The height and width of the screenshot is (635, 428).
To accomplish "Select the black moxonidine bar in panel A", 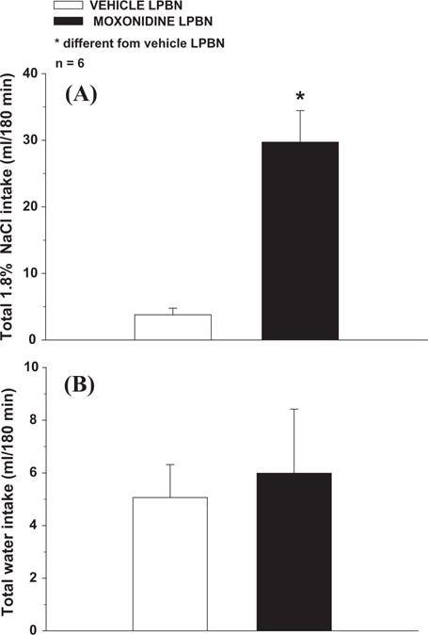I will (x=299, y=240).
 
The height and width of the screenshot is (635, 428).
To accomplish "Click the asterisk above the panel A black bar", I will (x=300, y=98).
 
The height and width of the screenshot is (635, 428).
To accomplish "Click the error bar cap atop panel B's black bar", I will (x=293, y=409).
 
